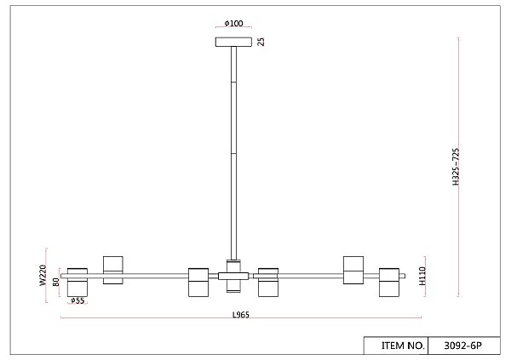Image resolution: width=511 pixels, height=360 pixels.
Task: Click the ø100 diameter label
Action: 233,23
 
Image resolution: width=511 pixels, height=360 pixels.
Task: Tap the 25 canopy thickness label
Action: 261,42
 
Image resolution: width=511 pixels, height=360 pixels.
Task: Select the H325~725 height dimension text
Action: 456,167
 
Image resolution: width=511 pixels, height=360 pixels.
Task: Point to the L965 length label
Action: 241,315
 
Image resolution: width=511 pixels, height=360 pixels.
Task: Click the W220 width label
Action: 43,276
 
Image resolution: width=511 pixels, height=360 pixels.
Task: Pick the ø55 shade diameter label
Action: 78,300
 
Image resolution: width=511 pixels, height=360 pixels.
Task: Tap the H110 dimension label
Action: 422,276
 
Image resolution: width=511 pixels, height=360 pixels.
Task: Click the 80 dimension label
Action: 56,282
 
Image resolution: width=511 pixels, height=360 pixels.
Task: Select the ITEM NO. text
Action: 403,346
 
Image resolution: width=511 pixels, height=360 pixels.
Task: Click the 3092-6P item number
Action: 462,346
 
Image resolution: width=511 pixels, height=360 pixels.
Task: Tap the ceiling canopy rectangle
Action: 233,42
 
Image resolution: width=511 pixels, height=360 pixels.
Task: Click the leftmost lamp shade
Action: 78,283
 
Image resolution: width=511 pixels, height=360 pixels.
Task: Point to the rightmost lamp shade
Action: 389,283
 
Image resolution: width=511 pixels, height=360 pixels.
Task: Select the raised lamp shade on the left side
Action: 113,270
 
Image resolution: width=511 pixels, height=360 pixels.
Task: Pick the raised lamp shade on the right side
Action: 353,270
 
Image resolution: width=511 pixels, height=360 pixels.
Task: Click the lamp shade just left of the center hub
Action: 198,283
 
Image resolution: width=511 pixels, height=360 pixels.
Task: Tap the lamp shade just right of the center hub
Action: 268,283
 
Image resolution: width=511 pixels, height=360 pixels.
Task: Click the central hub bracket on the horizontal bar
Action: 233,277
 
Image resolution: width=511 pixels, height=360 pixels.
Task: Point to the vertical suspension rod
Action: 233,153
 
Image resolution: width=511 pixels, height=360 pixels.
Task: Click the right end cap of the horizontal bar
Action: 404,276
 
